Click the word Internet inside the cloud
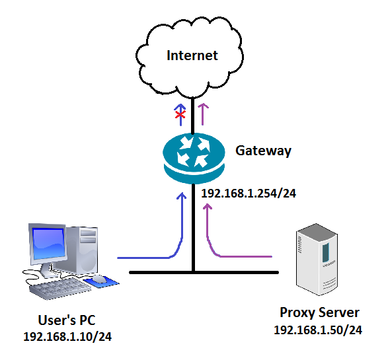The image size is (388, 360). (x=192, y=55)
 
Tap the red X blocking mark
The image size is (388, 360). (x=180, y=114)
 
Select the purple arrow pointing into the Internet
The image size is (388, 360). (x=203, y=114)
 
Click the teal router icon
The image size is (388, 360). (x=194, y=159)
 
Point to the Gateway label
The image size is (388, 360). (x=263, y=151)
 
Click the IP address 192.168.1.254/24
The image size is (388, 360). (x=249, y=194)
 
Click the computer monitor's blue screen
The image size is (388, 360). (x=48, y=244)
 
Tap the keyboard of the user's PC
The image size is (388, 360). (x=59, y=288)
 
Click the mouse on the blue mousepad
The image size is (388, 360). (x=99, y=279)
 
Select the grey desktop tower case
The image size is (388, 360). (x=82, y=250)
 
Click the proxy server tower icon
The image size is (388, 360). (x=317, y=259)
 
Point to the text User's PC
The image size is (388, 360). (x=67, y=320)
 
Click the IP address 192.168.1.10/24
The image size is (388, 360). (x=67, y=337)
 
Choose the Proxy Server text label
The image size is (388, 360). (x=319, y=313)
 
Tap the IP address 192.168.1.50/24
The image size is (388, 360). (x=318, y=330)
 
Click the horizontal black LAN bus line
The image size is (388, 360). (x=204, y=272)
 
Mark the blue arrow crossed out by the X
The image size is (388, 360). (x=180, y=114)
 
